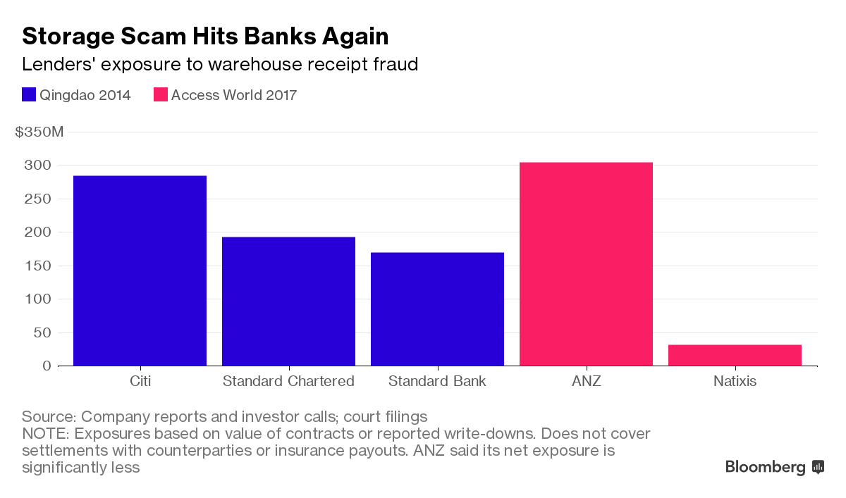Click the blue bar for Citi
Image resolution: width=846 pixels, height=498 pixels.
click(x=140, y=270)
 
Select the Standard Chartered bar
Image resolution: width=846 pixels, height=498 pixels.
click(x=288, y=301)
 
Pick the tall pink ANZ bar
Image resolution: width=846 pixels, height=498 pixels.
click(x=586, y=263)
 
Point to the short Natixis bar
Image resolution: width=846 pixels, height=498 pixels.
click(x=735, y=355)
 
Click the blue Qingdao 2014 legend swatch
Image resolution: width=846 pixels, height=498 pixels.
click(x=29, y=95)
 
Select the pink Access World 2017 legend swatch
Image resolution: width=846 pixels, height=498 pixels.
click(x=161, y=95)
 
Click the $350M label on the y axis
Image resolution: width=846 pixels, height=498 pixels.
click(x=39, y=132)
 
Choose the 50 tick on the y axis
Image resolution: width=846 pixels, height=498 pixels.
click(x=44, y=332)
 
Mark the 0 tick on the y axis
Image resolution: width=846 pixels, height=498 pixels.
click(x=47, y=366)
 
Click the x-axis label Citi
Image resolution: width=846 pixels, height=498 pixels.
click(x=140, y=382)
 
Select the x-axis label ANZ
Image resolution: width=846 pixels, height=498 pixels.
click(x=586, y=382)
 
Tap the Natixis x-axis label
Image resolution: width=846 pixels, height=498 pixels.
click(x=735, y=382)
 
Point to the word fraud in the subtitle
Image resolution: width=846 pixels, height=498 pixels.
click(x=396, y=65)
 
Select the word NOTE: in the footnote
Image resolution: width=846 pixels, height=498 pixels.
click(x=45, y=433)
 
